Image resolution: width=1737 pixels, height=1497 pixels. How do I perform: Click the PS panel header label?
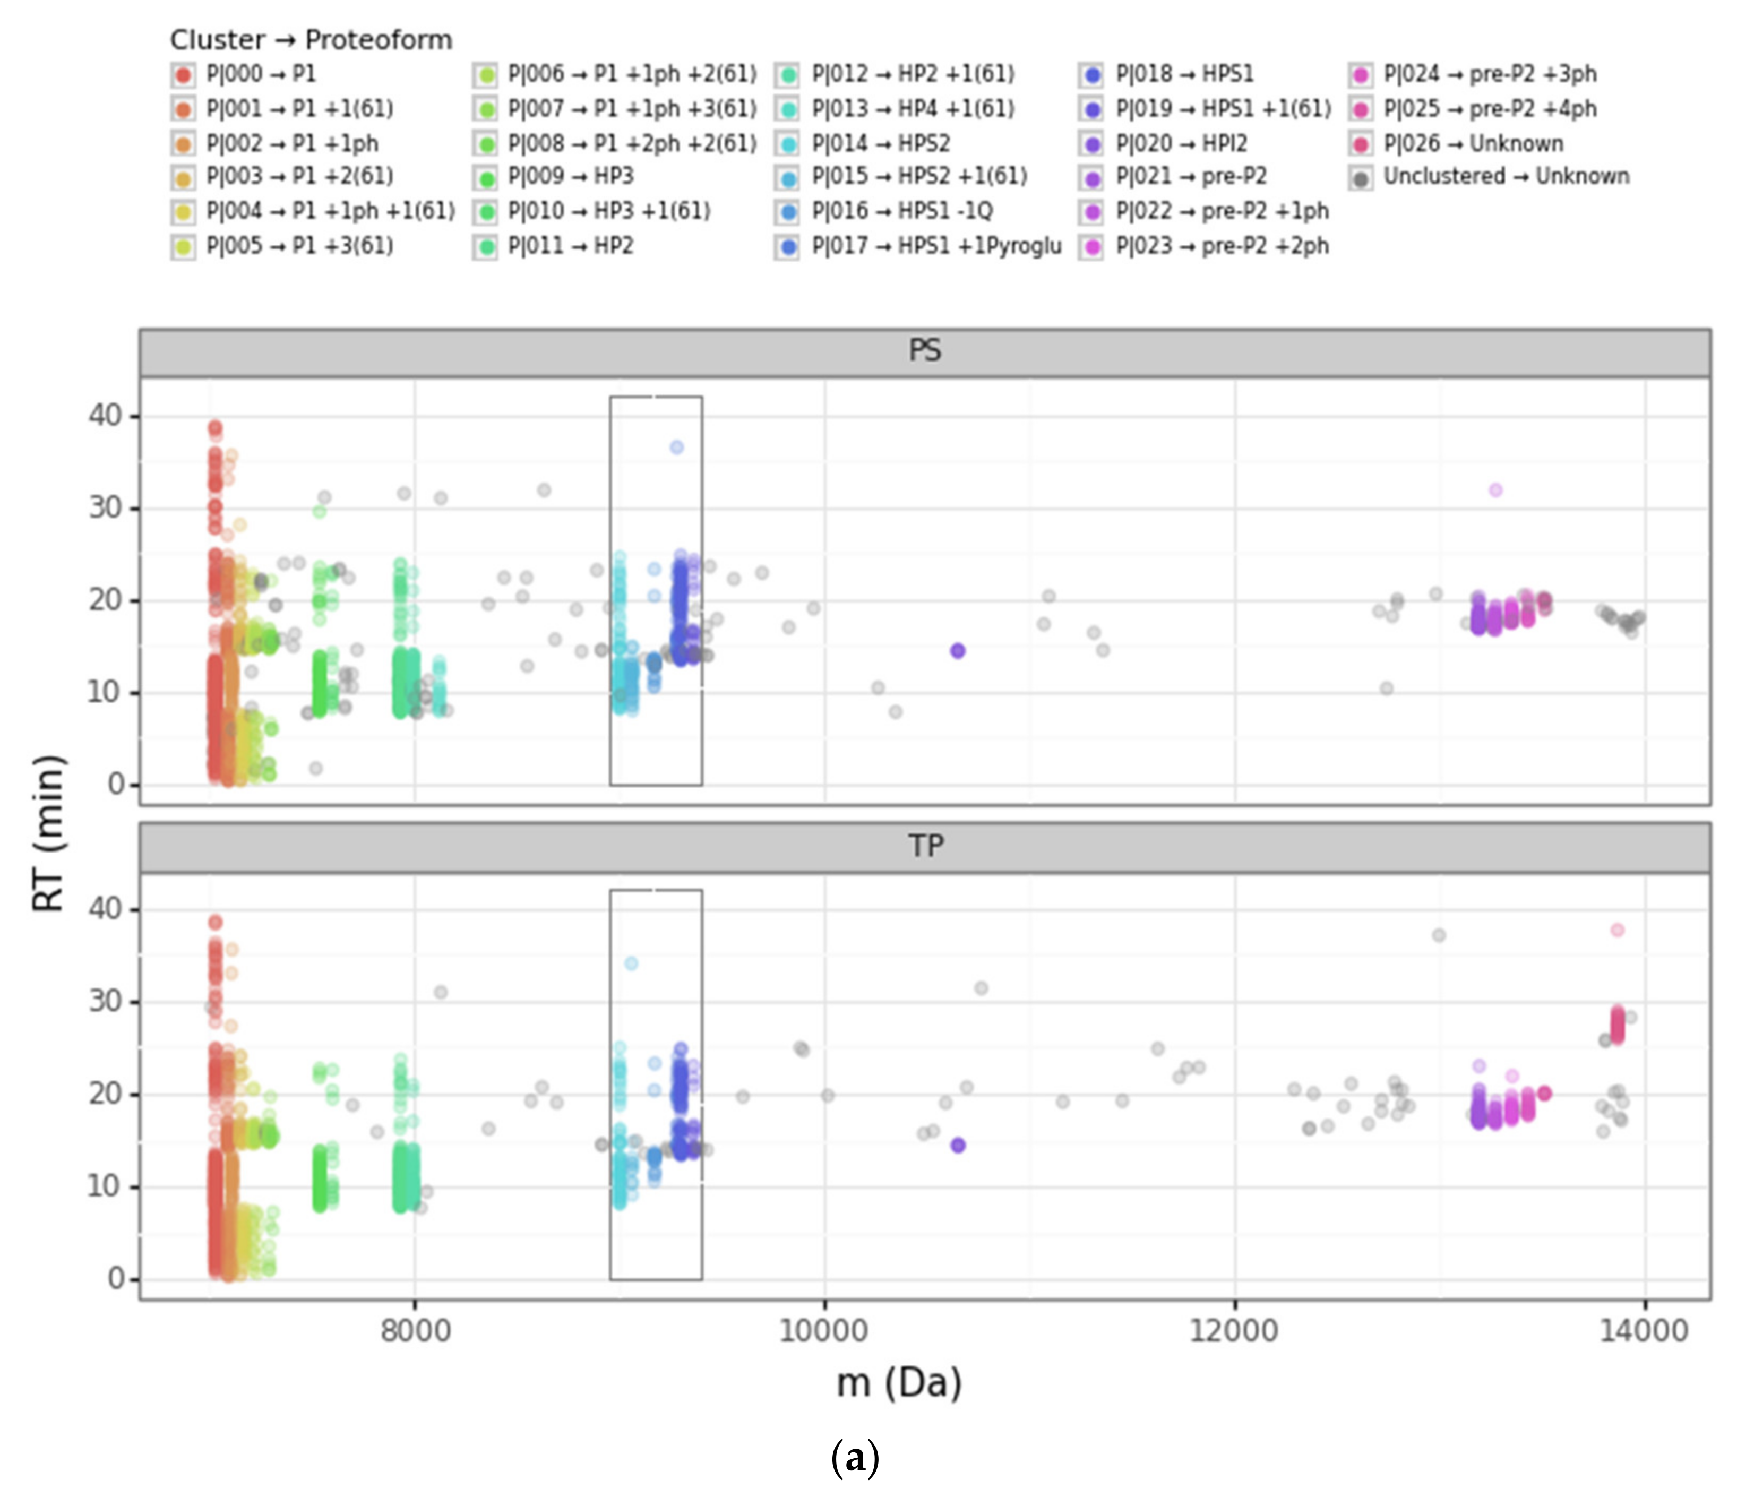tap(925, 350)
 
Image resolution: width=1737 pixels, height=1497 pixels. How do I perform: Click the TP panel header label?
tap(925, 845)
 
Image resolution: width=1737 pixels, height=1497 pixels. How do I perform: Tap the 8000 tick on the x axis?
tap(415, 1330)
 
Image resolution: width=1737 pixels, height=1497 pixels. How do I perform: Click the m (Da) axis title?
tap(899, 1382)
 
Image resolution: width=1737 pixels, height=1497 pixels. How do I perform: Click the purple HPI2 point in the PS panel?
tap(957, 650)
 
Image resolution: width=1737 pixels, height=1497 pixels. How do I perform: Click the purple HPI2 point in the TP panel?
tap(957, 1145)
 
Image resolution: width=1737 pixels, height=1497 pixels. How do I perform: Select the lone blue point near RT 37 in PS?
tap(676, 448)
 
